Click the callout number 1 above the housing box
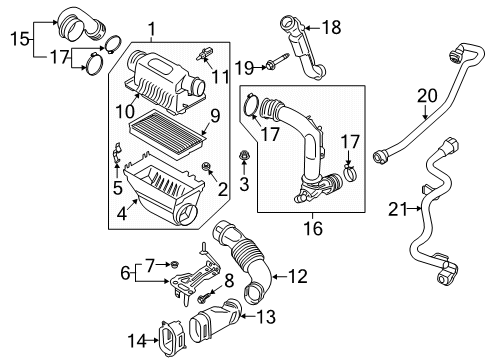[x=151, y=29]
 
